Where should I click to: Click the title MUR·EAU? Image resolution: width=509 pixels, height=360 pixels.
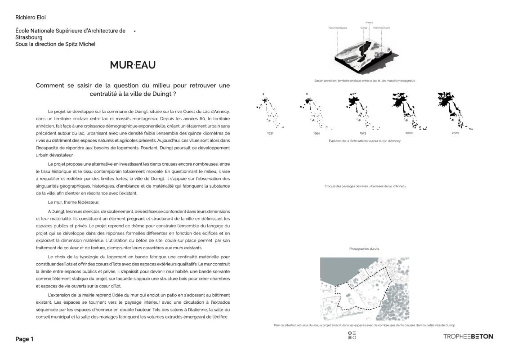[x=133, y=65]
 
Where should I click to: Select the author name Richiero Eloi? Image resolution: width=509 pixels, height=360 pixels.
[x=31, y=18]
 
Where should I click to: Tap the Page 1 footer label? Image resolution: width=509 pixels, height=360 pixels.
[x=24, y=339]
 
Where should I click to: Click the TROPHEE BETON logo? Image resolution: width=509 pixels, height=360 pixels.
[x=468, y=336]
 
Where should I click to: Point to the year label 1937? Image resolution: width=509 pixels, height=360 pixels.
[x=270, y=134]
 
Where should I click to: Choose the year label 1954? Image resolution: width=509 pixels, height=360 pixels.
[x=317, y=134]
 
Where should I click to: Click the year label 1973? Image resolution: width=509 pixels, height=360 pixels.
[x=363, y=134]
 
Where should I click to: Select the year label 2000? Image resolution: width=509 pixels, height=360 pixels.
[x=409, y=134]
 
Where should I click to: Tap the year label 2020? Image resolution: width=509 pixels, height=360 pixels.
[x=455, y=134]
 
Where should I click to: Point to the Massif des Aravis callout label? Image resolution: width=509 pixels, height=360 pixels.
[x=382, y=27]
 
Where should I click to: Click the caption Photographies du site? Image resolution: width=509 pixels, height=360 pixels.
[x=364, y=248]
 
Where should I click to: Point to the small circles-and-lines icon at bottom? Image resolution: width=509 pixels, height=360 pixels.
[x=353, y=336]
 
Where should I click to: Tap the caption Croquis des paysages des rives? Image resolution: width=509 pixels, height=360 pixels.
[x=365, y=186]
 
